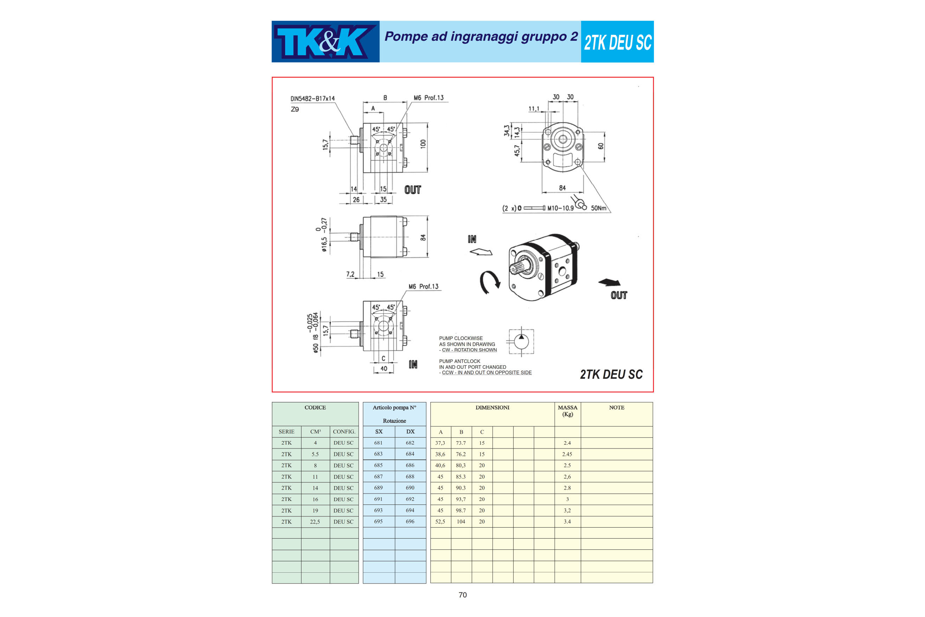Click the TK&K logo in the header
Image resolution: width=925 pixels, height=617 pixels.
[325, 42]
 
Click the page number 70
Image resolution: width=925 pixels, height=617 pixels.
[463, 595]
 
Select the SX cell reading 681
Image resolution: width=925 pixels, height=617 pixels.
[378, 443]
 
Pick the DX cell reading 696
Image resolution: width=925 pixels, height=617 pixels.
[410, 521]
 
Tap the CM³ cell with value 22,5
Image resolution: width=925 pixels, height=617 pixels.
[315, 522]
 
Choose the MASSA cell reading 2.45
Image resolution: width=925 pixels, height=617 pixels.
[567, 454]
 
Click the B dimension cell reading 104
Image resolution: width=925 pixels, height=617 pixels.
[461, 521]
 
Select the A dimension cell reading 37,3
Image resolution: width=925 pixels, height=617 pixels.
[440, 443]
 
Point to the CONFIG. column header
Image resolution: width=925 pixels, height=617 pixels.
[344, 432]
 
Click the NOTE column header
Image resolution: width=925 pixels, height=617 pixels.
[617, 408]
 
